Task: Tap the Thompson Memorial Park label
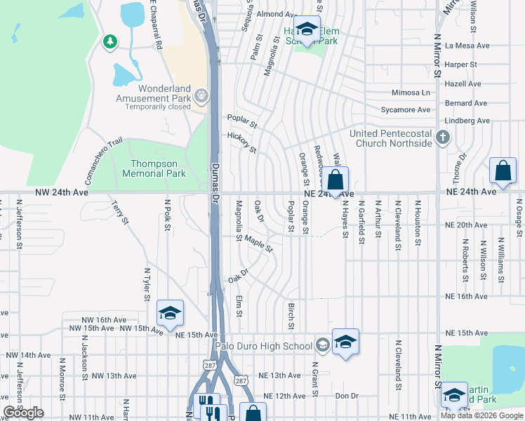coord(154,168)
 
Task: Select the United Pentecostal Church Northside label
coord(394,138)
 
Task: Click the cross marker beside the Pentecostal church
coord(443,137)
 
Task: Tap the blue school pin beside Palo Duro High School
coord(345,342)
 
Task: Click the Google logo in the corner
coord(23,413)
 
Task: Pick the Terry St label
coord(119,213)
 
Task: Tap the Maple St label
coord(258,243)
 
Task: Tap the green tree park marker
coord(109,42)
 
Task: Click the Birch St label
coord(290,316)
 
